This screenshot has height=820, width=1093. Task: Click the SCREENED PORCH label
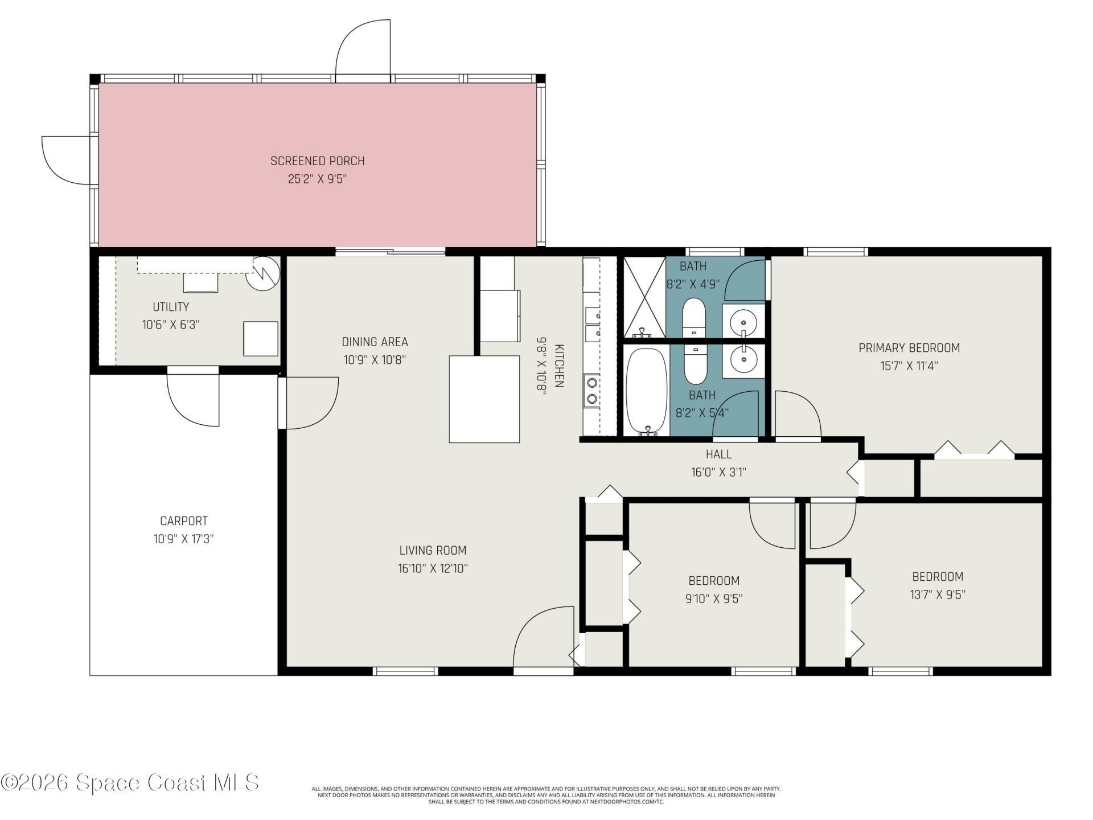(317, 161)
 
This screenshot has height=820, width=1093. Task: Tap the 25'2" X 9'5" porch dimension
(317, 179)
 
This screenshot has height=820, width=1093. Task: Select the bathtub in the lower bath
(646, 392)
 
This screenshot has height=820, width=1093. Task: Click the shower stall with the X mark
(644, 297)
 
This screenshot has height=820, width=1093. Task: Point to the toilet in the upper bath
(694, 317)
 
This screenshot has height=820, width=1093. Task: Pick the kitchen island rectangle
(484, 399)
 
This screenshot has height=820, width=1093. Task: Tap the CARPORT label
(183, 521)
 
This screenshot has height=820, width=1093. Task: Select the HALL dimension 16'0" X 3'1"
(718, 473)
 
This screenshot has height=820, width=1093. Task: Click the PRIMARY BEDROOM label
(909, 348)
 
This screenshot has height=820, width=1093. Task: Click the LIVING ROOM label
(433, 551)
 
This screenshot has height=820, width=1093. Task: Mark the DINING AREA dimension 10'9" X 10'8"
(375, 360)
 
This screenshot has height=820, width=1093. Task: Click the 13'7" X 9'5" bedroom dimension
(937, 595)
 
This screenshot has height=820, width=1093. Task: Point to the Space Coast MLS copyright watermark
(130, 782)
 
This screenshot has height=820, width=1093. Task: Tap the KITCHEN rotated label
(559, 366)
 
